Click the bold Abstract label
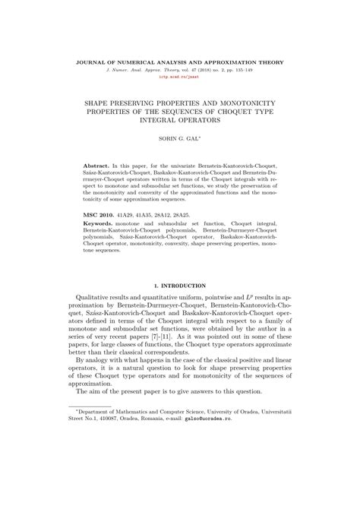pyautogui.click(x=98, y=164)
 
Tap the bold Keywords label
pyautogui.click(x=102, y=225)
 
